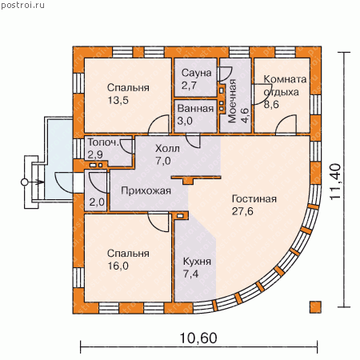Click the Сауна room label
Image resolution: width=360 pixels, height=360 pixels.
pyautogui.click(x=196, y=73)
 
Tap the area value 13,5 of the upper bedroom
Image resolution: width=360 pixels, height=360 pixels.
pyautogui.click(x=118, y=100)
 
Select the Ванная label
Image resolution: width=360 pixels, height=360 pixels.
pyautogui.click(x=195, y=109)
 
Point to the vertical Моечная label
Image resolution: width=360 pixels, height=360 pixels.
pyautogui.click(x=232, y=101)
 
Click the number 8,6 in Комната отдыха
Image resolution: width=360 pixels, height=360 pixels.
pyautogui.click(x=271, y=104)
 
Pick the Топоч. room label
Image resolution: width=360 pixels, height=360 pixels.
pyautogui.click(x=103, y=142)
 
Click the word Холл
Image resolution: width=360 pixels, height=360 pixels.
pyautogui.click(x=167, y=148)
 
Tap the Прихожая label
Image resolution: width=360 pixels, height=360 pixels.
pyautogui.click(x=146, y=190)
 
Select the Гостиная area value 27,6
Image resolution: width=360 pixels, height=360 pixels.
pyautogui.click(x=242, y=211)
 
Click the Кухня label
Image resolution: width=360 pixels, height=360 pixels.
pyautogui.click(x=197, y=262)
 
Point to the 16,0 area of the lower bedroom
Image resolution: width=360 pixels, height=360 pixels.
pyautogui.click(x=118, y=266)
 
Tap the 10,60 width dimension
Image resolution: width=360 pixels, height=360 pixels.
pyautogui.click(x=198, y=338)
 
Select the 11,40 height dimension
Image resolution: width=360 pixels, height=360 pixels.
pyautogui.click(x=335, y=182)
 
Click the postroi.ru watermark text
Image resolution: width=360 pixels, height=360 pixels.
pyautogui.click(x=22, y=6)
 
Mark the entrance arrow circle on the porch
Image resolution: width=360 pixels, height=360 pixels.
pyautogui.click(x=24, y=182)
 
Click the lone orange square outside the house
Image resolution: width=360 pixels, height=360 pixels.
pyautogui.click(x=315, y=307)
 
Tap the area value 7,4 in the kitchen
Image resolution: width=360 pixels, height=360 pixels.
pyautogui.click(x=190, y=274)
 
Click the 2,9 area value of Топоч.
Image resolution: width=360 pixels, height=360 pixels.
pyautogui.click(x=95, y=154)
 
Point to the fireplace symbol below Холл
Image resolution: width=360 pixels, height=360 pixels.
pyautogui.click(x=196, y=179)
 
